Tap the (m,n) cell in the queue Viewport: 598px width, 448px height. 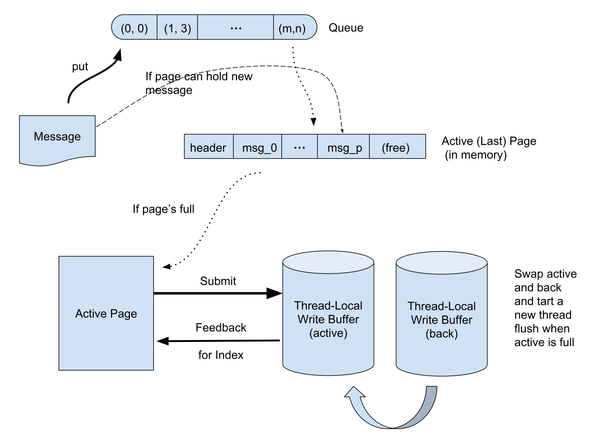tap(293, 28)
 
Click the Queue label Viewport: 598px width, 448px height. tap(346, 28)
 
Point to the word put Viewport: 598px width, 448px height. tap(80, 67)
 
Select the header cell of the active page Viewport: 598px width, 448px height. tap(208, 147)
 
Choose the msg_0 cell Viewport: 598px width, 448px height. tap(258, 147)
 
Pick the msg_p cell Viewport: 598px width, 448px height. tap(344, 147)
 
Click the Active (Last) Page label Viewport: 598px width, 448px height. tap(488, 148)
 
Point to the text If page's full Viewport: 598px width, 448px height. tap(163, 209)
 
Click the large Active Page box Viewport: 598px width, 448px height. tap(106, 314)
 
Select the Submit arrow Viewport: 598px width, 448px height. tap(217, 293)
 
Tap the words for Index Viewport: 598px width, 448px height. tap(221, 355)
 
